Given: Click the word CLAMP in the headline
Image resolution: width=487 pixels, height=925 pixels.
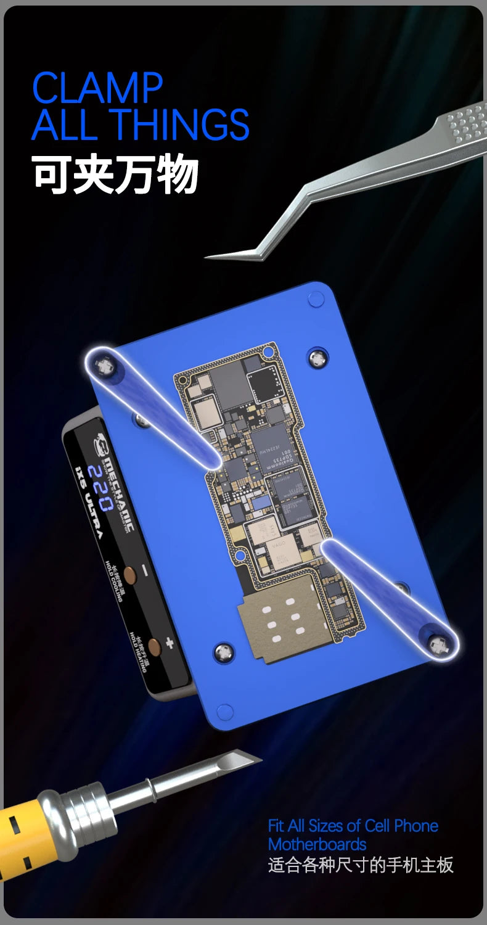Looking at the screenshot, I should [97, 88].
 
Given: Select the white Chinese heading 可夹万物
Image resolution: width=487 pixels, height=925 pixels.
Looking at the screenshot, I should [115, 175].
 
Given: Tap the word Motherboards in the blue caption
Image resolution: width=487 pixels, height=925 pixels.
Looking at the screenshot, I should [317, 844].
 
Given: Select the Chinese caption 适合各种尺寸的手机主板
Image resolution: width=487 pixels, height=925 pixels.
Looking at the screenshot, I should [361, 865].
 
